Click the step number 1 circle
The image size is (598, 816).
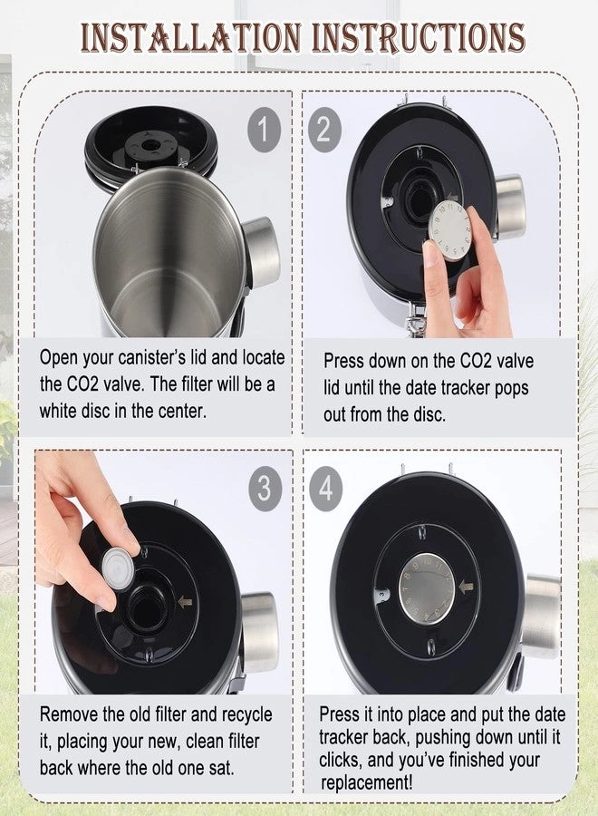tap(264, 131)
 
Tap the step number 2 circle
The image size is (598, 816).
tap(323, 131)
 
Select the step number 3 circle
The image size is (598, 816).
tap(264, 488)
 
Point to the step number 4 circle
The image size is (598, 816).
tap(323, 488)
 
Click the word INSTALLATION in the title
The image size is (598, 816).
tap(189, 37)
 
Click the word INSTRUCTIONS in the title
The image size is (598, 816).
tap(418, 37)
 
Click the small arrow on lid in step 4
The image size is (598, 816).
tap(467, 588)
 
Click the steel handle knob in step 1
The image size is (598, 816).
tap(261, 251)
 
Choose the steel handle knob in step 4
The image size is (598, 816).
tap(541, 617)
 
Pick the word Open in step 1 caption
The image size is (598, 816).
tap(60, 358)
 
